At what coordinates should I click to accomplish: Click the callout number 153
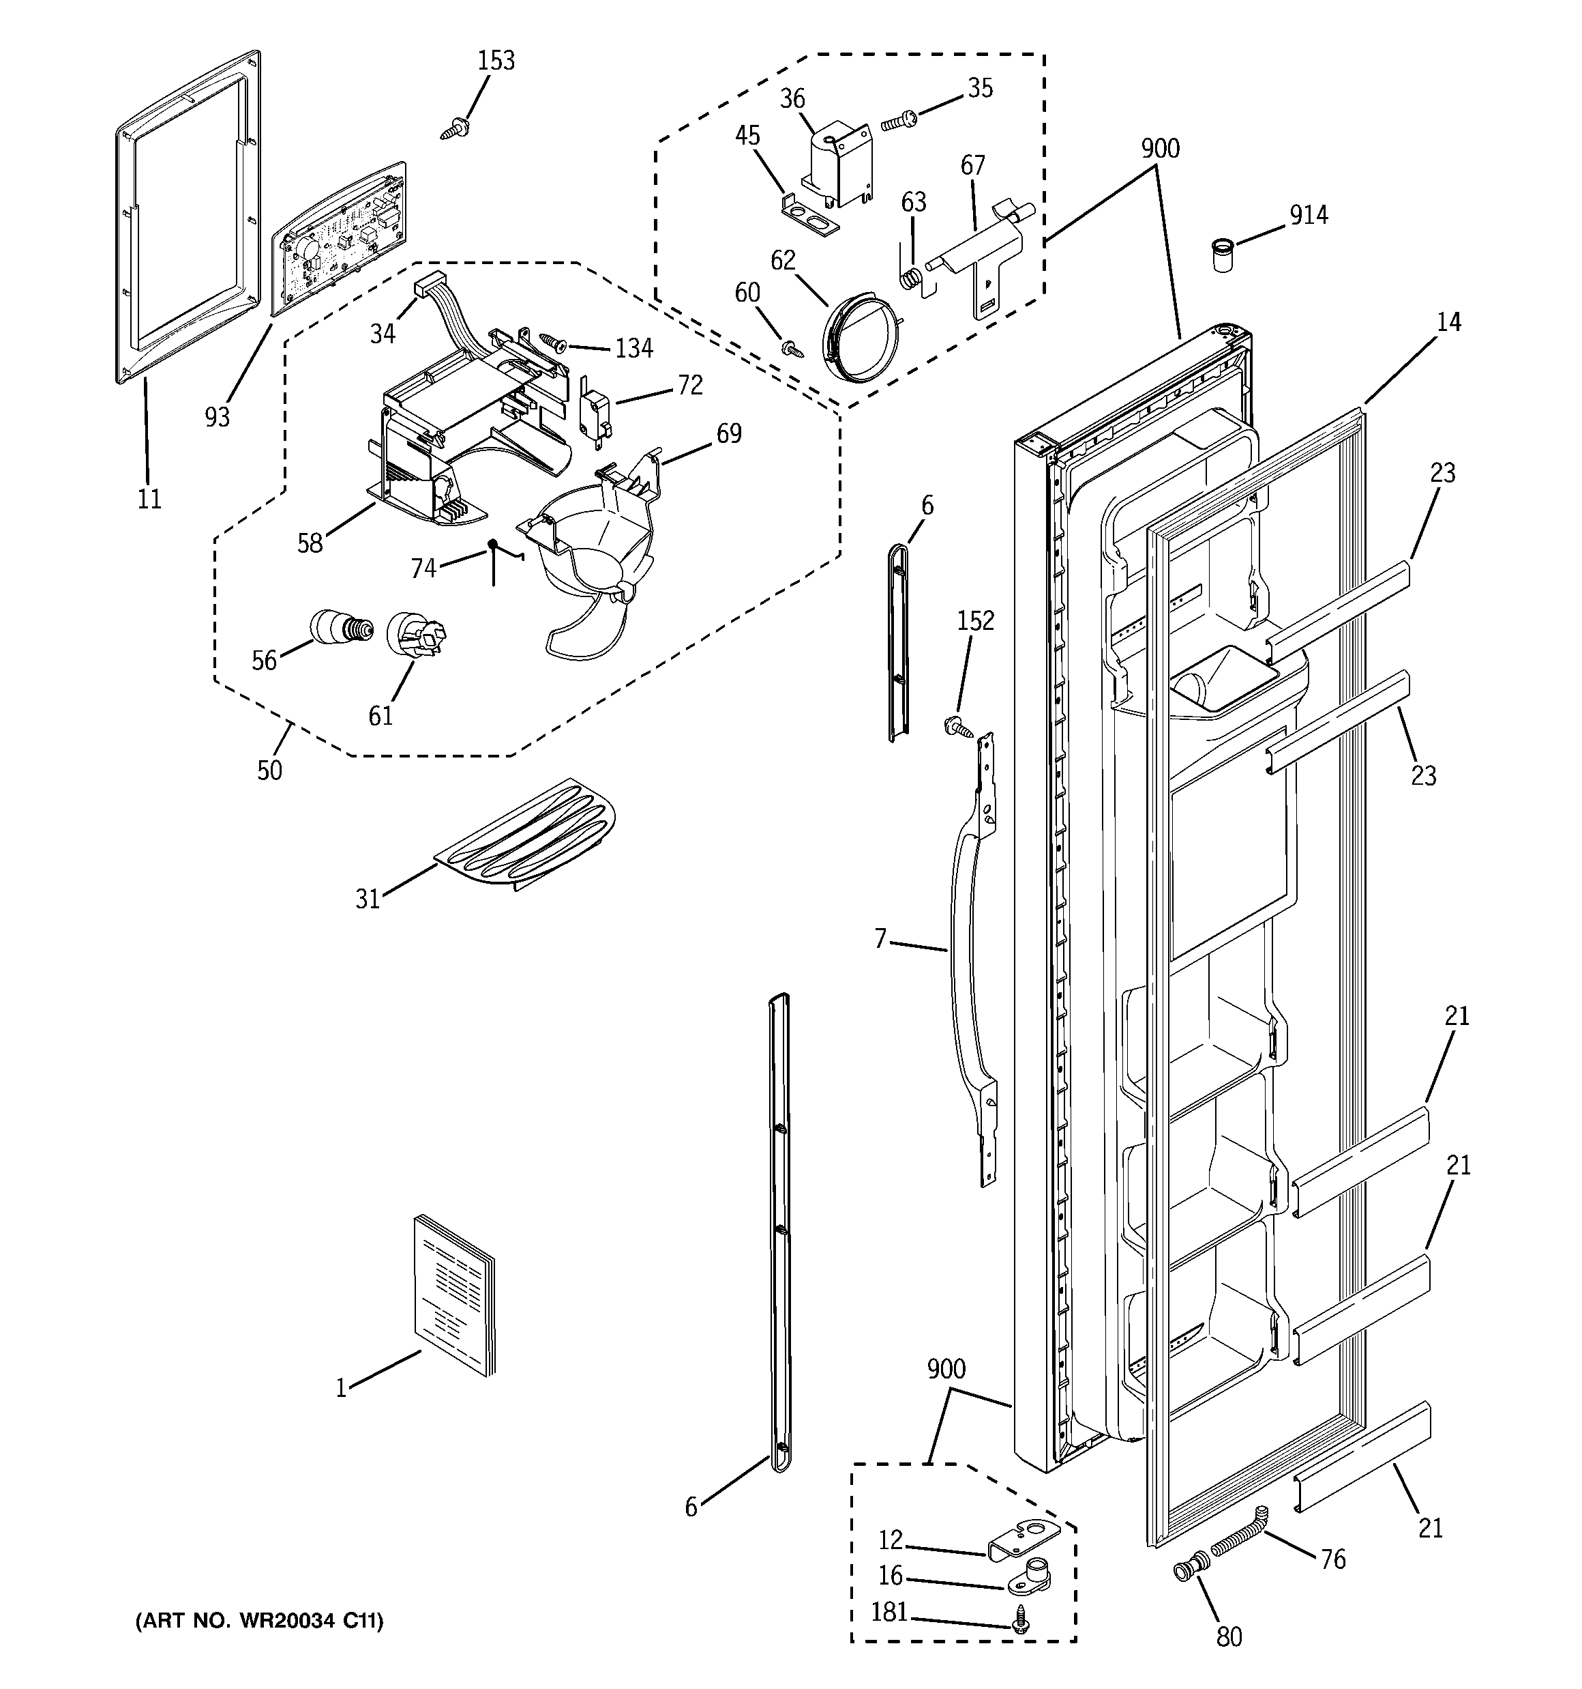point(496,60)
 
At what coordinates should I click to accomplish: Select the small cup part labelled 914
point(1221,255)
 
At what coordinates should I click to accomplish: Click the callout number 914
point(1309,215)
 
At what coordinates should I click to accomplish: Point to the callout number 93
point(218,416)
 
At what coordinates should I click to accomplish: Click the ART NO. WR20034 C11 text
point(259,1621)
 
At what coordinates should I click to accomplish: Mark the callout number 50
point(269,770)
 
